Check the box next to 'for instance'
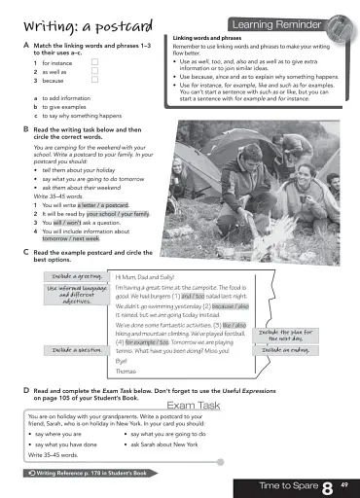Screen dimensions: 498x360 coord(95,62)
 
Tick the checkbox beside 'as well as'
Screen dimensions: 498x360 coord(95,72)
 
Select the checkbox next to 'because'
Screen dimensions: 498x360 coord(95,82)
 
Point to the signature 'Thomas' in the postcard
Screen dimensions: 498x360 coord(127,372)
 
